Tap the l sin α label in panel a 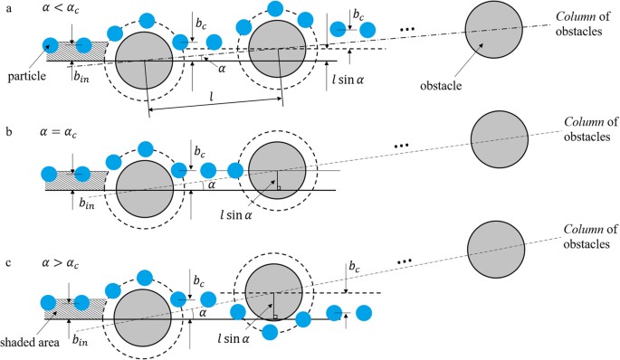347,77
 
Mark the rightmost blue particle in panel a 369,31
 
